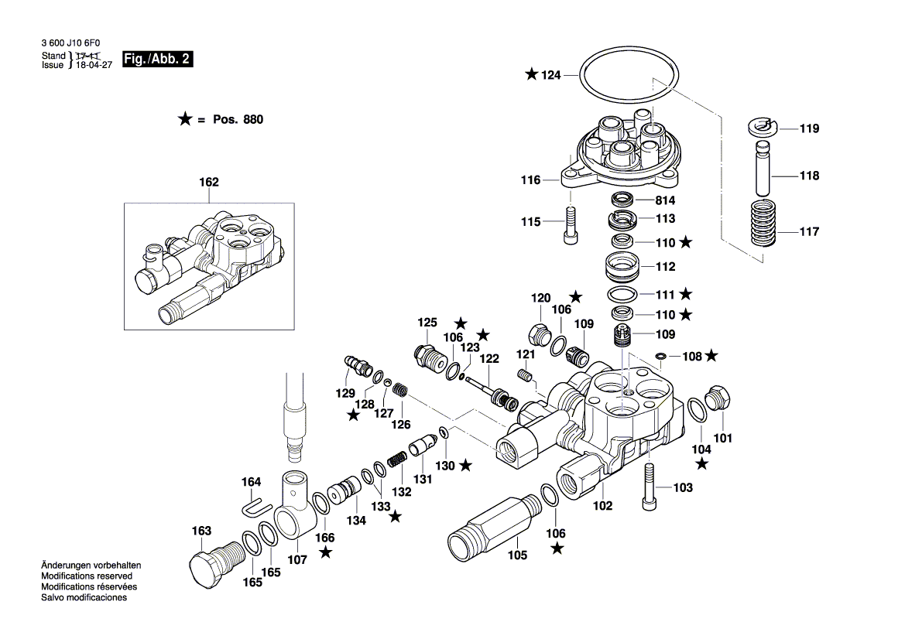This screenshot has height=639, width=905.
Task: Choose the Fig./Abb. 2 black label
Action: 158,60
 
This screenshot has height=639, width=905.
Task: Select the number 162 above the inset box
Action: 209,183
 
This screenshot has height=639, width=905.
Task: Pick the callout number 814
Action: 665,200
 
